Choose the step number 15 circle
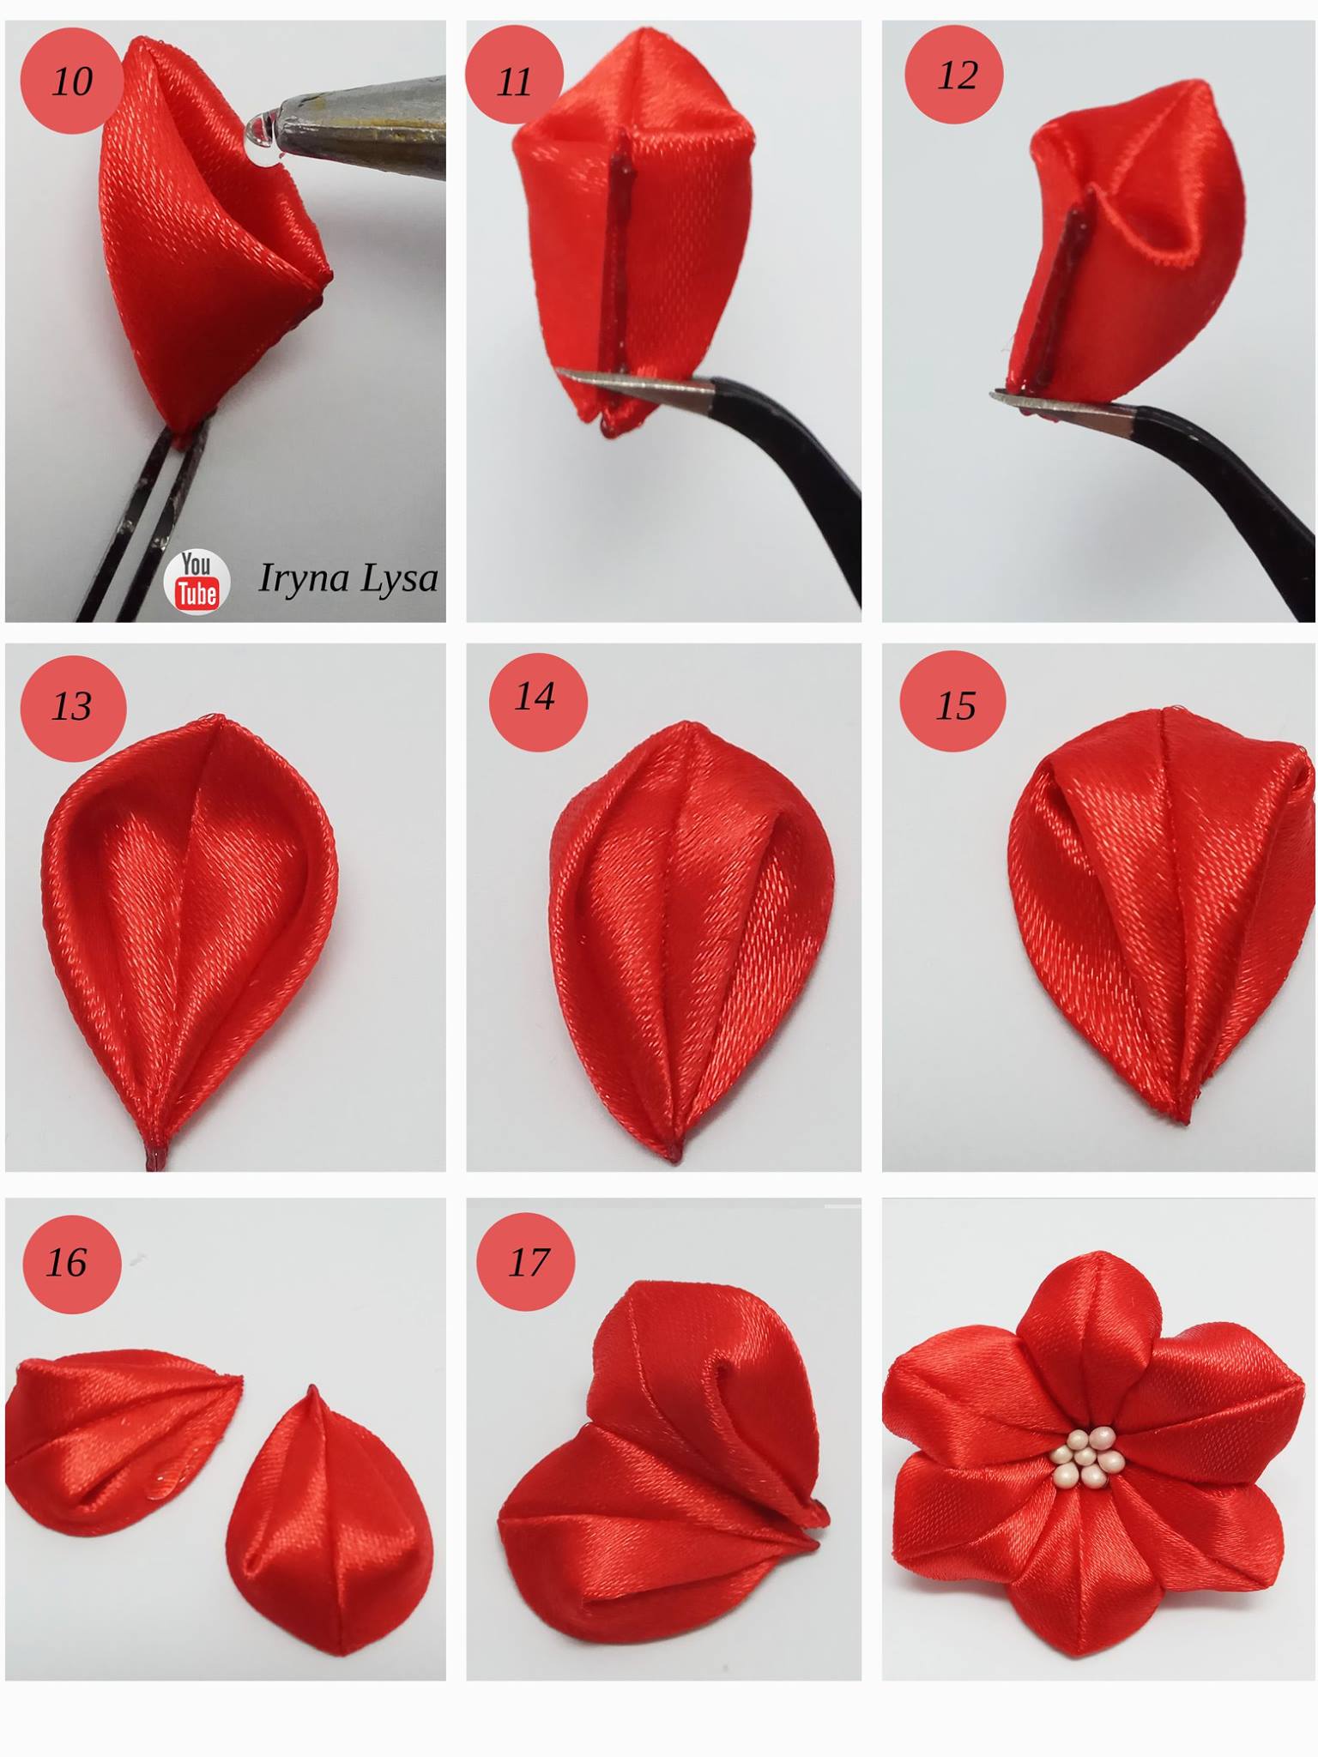coord(952,702)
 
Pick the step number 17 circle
coord(526,1262)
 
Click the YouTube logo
coord(196,581)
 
